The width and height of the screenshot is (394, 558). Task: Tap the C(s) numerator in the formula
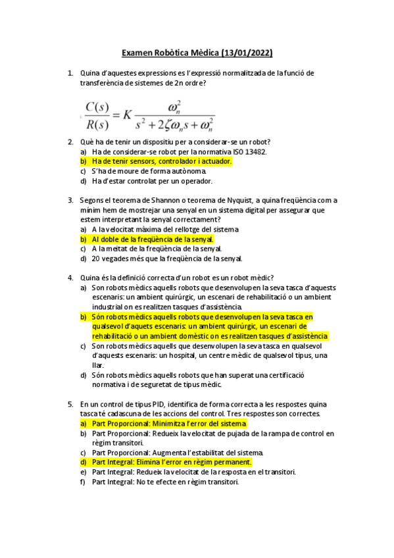[97, 106]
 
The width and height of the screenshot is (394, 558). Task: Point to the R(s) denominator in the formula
[97, 122]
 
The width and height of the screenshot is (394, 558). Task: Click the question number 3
[70, 200]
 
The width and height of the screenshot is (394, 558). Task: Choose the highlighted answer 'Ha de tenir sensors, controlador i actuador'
[162, 161]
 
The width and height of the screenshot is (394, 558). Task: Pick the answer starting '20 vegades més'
[167, 259]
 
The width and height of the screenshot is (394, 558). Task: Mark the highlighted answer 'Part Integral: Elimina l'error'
[172, 462]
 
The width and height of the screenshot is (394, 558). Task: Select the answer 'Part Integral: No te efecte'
[164, 482]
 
